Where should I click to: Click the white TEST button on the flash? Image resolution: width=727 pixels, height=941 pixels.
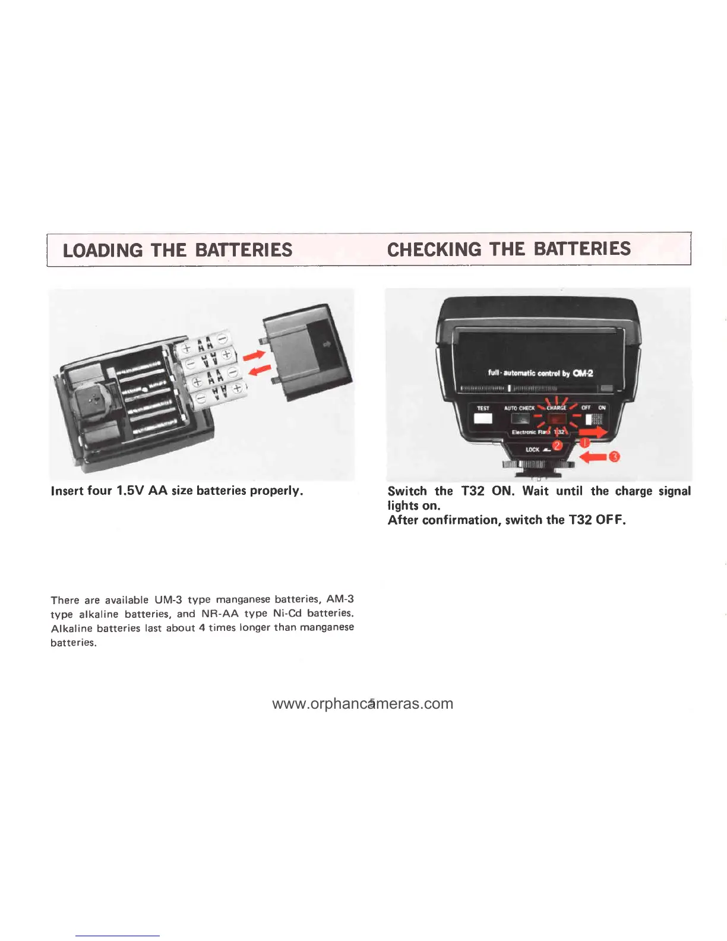[x=483, y=418]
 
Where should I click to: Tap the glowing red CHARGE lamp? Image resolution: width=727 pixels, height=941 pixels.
[x=557, y=419]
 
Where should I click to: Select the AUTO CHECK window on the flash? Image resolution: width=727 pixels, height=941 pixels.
[x=520, y=418]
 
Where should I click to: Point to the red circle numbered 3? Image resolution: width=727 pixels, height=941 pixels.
[x=615, y=456]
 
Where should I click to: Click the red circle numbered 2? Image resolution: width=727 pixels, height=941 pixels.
[x=557, y=446]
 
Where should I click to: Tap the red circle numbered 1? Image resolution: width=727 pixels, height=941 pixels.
[x=584, y=443]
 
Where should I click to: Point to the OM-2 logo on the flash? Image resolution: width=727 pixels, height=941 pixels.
[x=583, y=373]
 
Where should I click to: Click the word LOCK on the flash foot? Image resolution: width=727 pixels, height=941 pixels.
[x=532, y=450]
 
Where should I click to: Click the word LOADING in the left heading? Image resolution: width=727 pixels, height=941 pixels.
[x=103, y=250]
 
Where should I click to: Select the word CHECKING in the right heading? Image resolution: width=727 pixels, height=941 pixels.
[x=434, y=249]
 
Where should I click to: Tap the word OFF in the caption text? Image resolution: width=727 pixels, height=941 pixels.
[x=611, y=520]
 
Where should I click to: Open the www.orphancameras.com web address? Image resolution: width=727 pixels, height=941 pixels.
[x=362, y=703]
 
